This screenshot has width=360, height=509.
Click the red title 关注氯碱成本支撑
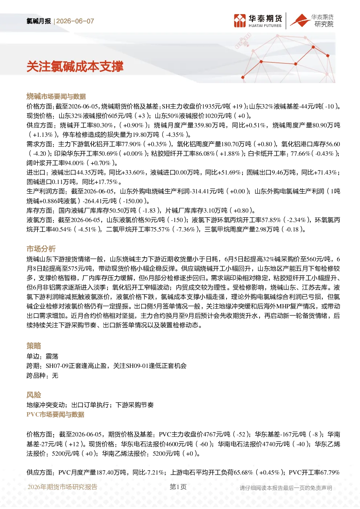75,67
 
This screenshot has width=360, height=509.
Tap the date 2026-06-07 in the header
75,21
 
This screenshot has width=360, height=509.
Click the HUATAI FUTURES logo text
265,26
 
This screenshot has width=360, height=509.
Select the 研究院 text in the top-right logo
324,24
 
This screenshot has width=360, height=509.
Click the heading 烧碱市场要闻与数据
56,97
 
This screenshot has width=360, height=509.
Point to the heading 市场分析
41,249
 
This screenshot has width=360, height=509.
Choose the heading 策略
34,346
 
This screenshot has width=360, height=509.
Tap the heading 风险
34,395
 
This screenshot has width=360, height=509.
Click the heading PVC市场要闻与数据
55,414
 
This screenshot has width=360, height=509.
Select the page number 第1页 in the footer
178,487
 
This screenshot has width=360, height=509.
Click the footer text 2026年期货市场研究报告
62,487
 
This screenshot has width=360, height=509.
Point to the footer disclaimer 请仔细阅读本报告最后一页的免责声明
286,488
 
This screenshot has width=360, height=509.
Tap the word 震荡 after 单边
52,356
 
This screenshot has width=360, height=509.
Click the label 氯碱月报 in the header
38,21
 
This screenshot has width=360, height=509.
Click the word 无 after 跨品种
55,375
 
